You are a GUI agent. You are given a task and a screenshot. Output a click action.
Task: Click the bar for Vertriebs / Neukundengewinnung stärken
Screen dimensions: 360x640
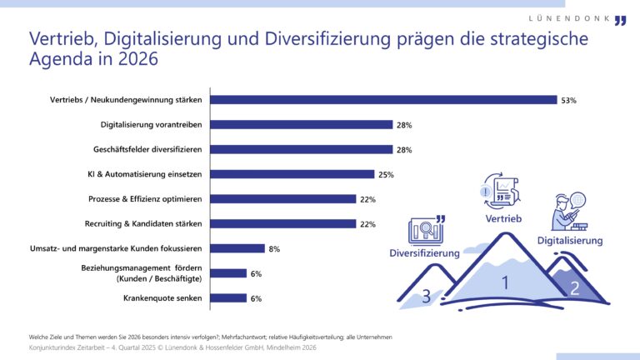[383, 100]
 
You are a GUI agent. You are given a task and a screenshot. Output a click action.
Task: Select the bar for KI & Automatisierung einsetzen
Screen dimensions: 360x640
[292, 174]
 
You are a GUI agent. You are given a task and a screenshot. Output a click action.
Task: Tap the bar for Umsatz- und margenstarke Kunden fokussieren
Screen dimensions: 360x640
[237, 248]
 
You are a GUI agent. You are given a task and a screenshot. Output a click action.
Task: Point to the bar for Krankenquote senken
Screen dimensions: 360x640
[228, 297]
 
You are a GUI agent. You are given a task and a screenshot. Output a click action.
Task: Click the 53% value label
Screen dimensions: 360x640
[569, 100]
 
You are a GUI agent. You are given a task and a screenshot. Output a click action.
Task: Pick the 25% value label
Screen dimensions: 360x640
[386, 175]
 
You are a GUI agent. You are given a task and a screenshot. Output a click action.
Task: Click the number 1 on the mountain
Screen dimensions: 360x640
[504, 282]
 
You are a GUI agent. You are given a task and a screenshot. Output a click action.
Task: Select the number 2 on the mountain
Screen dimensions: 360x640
[573, 288]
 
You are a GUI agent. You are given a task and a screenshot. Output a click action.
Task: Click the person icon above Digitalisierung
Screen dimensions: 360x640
[564, 211]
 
